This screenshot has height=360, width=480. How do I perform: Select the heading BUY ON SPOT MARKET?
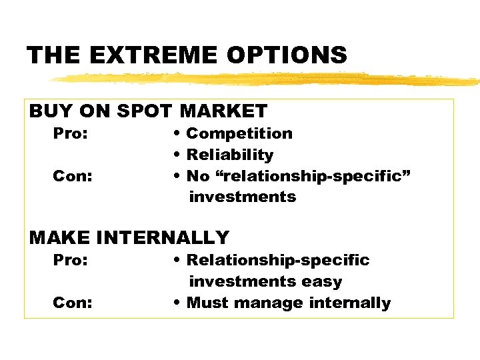click(x=148, y=111)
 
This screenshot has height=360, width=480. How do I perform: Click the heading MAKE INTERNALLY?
click(x=129, y=237)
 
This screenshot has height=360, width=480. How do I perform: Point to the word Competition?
click(x=239, y=133)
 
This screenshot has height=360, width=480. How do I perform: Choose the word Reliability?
click(x=230, y=155)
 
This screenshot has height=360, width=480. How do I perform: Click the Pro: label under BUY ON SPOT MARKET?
click(x=70, y=133)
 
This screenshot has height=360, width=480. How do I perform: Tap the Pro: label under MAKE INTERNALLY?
click(x=70, y=260)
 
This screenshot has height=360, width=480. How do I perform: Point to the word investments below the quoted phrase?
click(x=243, y=197)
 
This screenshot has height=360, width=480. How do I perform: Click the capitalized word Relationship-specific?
click(x=278, y=260)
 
